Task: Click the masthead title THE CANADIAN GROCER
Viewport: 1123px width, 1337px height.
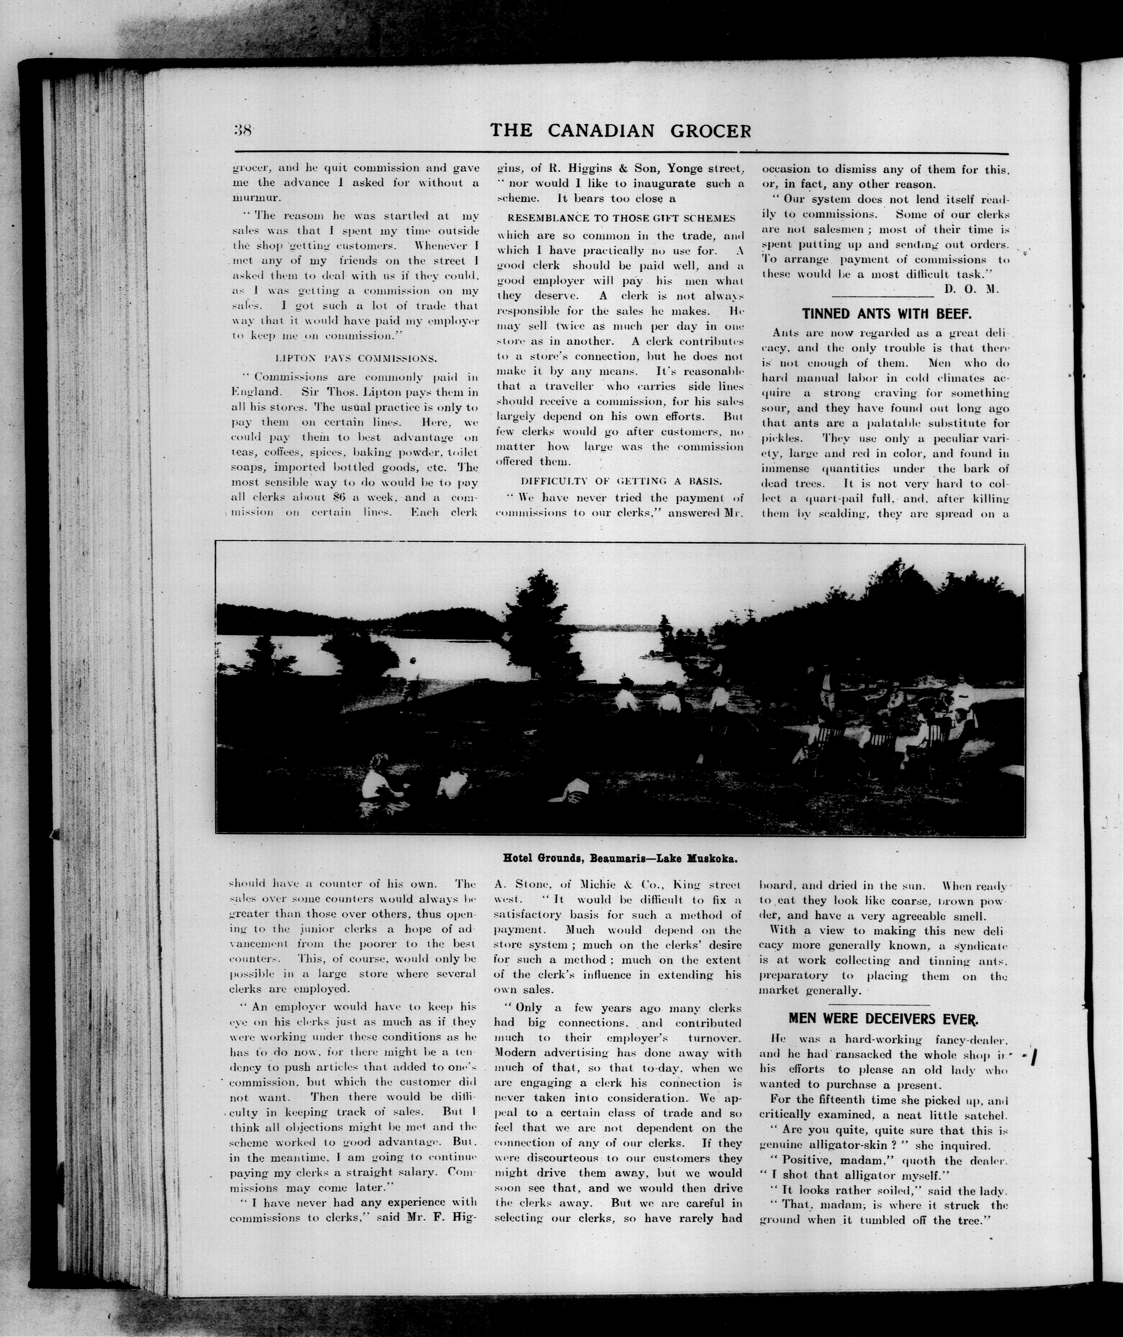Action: (x=621, y=131)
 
